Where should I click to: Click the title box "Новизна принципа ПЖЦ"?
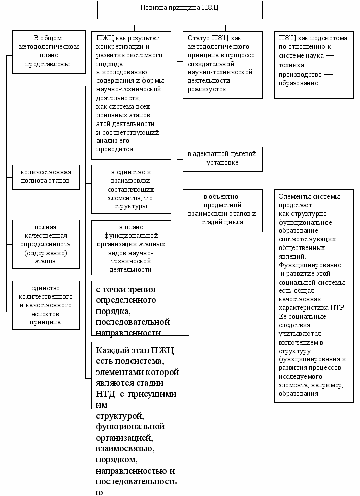point(180,10)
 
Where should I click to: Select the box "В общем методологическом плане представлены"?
point(49,51)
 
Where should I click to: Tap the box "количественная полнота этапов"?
point(46,176)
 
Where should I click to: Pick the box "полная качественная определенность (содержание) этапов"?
point(46,244)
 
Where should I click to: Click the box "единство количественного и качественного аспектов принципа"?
point(46,303)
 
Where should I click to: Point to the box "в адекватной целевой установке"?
point(222,159)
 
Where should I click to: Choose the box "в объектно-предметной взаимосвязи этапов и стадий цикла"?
point(222,210)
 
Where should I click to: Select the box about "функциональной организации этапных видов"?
point(131,248)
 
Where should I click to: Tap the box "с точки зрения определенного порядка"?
point(140,308)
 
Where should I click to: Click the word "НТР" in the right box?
point(335,308)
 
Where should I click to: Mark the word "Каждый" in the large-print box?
point(109,350)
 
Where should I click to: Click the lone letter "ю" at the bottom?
point(99,492)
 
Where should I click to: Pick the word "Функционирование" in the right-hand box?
point(310,265)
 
